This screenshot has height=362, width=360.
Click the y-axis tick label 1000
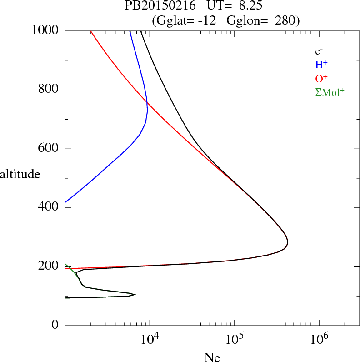(x=45, y=31)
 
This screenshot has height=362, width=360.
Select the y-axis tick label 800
(x=50, y=90)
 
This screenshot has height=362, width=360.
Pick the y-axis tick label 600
(x=50, y=149)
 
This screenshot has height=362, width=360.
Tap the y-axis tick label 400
(x=50, y=208)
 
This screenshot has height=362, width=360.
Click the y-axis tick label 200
(x=50, y=266)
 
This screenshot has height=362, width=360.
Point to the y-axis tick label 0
(x=55, y=325)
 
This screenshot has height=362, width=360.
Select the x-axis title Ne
(x=212, y=357)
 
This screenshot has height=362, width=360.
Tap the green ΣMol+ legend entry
(x=330, y=92)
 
